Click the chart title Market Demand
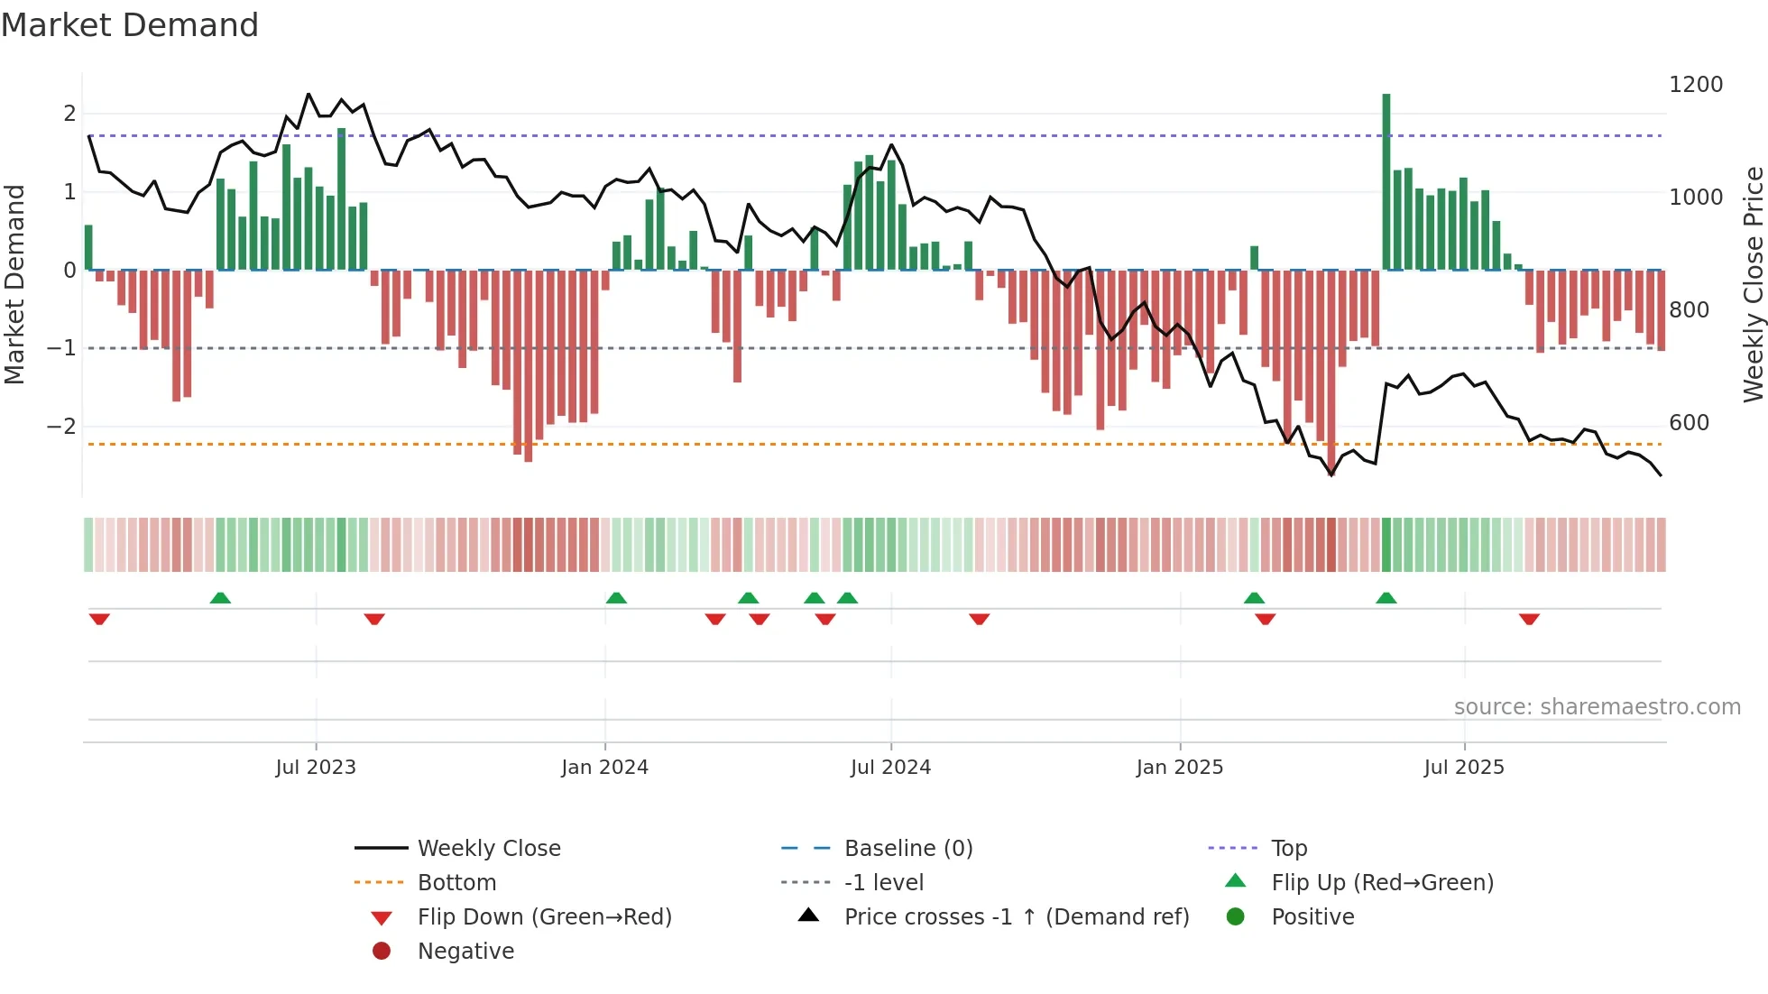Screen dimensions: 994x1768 point(130,25)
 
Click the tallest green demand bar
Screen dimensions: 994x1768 point(1386,180)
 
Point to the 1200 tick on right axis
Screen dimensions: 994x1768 point(1695,85)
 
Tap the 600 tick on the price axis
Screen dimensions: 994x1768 point(1689,423)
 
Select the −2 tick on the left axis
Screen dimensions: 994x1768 point(61,426)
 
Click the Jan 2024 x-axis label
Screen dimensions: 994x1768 point(604,768)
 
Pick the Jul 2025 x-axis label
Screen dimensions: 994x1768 point(1464,768)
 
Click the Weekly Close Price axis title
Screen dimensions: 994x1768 point(1753,284)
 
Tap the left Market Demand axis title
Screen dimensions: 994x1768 point(15,284)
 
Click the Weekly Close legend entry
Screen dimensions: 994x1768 point(489,849)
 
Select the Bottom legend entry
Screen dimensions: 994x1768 point(456,883)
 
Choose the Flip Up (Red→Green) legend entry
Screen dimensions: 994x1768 point(1382,883)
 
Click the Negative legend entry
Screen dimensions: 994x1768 point(465,952)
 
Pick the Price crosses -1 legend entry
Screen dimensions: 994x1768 point(1017,917)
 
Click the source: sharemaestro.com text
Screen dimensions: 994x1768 point(1597,707)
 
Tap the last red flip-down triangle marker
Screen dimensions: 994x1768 point(1529,619)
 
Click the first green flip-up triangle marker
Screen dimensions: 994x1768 point(220,598)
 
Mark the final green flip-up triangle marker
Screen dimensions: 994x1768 point(1386,598)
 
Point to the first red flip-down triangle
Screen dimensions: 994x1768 point(99,619)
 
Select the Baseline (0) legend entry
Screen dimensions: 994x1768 point(908,849)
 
